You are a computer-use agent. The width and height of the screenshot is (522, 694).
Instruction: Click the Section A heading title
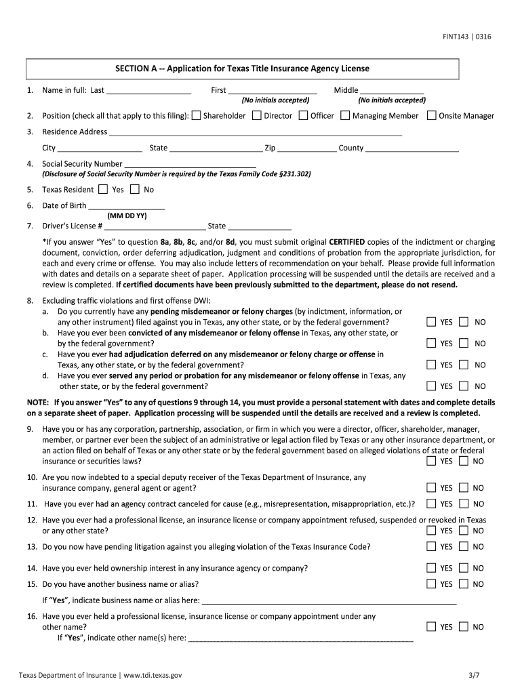242,68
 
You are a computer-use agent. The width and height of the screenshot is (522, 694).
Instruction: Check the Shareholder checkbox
196,115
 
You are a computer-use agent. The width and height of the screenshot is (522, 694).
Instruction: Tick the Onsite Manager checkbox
431,115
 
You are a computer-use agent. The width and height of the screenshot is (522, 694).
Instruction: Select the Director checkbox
256,115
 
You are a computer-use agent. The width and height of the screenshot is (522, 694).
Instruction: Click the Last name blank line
148,90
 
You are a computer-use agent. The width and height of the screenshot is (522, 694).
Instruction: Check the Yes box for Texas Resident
103,190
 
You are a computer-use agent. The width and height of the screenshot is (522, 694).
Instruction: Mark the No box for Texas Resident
134,190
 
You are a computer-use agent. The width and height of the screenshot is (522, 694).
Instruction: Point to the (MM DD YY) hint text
127,216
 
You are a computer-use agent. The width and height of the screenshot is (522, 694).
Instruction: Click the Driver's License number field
155,226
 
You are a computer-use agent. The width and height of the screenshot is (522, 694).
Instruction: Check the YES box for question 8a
431,322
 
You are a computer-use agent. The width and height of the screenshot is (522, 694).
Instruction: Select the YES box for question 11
431,504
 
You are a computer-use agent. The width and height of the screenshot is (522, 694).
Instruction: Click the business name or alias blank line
329,600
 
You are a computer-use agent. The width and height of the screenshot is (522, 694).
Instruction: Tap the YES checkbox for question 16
431,627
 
